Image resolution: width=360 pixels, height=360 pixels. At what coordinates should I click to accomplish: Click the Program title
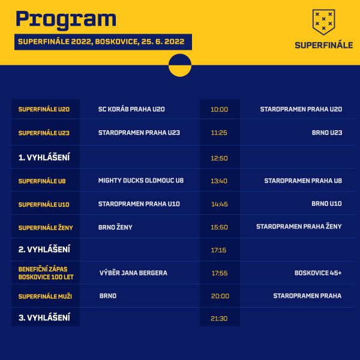pyautogui.click(x=66, y=20)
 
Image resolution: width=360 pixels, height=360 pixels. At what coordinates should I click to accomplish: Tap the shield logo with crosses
pyautogui.click(x=324, y=22)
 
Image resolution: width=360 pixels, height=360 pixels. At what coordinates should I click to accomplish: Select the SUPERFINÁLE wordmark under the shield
pyautogui.click(x=324, y=45)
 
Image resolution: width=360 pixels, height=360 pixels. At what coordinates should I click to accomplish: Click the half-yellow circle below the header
pyautogui.click(x=180, y=65)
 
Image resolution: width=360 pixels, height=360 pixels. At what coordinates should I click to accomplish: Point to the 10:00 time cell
pyautogui.click(x=219, y=109)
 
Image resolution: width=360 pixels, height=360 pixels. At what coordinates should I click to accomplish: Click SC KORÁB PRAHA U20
pyautogui.click(x=131, y=109)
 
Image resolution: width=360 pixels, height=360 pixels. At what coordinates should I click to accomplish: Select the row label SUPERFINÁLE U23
pyautogui.click(x=44, y=133)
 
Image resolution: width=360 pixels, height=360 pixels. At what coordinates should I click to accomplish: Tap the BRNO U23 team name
pyautogui.click(x=327, y=133)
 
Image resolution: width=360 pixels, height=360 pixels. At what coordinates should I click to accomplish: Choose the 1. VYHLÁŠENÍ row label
pyautogui.click(x=44, y=157)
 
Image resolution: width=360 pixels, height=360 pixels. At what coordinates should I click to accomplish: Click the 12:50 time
pyautogui.click(x=219, y=158)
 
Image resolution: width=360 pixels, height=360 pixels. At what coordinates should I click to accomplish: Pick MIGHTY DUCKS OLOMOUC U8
pyautogui.click(x=141, y=181)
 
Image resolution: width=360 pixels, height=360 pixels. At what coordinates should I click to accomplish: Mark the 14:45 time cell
pyautogui.click(x=220, y=204)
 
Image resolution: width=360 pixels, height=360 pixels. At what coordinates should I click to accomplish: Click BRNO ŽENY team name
pyautogui.click(x=115, y=227)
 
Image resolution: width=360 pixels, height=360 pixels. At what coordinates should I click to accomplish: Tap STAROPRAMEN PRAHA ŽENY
pyautogui.click(x=299, y=226)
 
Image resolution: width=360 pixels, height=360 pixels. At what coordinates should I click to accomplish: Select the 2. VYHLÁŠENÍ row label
pyautogui.click(x=44, y=250)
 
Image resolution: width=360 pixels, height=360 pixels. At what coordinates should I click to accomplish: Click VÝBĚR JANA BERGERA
pyautogui.click(x=133, y=273)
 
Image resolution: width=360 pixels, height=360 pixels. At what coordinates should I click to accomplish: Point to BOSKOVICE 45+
pyautogui.click(x=318, y=273)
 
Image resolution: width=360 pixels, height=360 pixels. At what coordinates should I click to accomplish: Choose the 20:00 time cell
pyautogui.click(x=220, y=296)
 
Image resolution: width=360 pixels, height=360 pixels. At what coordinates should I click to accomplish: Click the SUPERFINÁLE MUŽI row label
pyautogui.click(x=45, y=296)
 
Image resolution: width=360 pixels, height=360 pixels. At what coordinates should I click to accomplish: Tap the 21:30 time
pyautogui.click(x=219, y=319)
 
